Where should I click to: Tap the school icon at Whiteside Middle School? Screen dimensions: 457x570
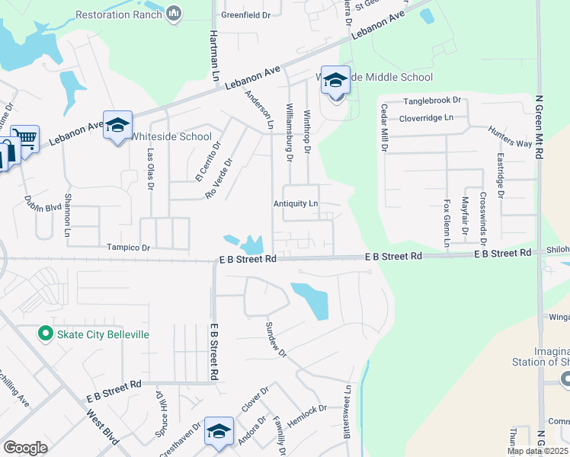(335, 79)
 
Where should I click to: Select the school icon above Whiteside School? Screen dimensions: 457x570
(118, 125)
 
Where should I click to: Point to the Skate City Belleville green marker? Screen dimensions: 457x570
(45, 334)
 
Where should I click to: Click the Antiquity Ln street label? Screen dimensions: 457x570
(296, 204)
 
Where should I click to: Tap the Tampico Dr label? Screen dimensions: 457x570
(129, 248)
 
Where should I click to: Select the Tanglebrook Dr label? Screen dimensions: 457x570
(432, 101)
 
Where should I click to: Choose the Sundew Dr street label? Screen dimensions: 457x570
(275, 339)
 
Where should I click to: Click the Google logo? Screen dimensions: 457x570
(25, 448)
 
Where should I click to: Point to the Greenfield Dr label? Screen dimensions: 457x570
(245, 14)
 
